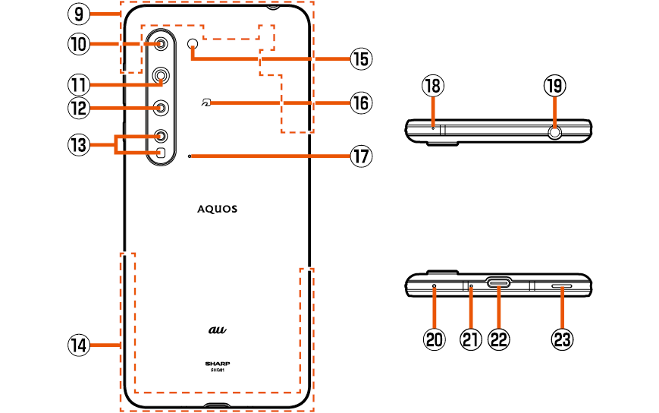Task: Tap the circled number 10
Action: coord(79,44)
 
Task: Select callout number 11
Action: coord(79,83)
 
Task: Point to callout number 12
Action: coord(79,108)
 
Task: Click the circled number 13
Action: coord(79,145)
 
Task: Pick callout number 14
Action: coord(79,345)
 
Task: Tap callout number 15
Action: coord(360,58)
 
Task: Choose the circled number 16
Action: coord(360,102)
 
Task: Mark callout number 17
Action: coord(360,156)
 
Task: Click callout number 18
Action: coord(433,86)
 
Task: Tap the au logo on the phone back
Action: coord(218,329)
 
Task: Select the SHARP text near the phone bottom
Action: coord(218,363)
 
